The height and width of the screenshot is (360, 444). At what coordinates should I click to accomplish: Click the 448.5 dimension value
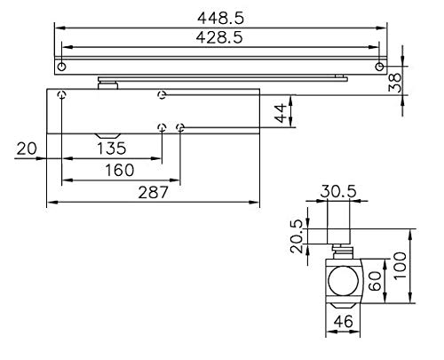pyautogui.click(x=222, y=16)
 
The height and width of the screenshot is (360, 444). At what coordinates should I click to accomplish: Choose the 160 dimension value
pyautogui.click(x=119, y=170)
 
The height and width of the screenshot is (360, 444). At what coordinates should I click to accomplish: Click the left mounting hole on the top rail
pyautogui.click(x=60, y=68)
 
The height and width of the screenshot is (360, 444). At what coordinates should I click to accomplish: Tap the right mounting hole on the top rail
pyautogui.click(x=380, y=68)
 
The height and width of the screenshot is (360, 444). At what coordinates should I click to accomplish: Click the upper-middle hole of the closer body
pyautogui.click(x=161, y=95)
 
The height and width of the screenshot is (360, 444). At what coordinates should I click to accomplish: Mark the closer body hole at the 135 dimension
pyautogui.click(x=162, y=127)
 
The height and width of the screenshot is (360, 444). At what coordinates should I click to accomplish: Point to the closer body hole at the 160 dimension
pyautogui.click(x=180, y=127)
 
